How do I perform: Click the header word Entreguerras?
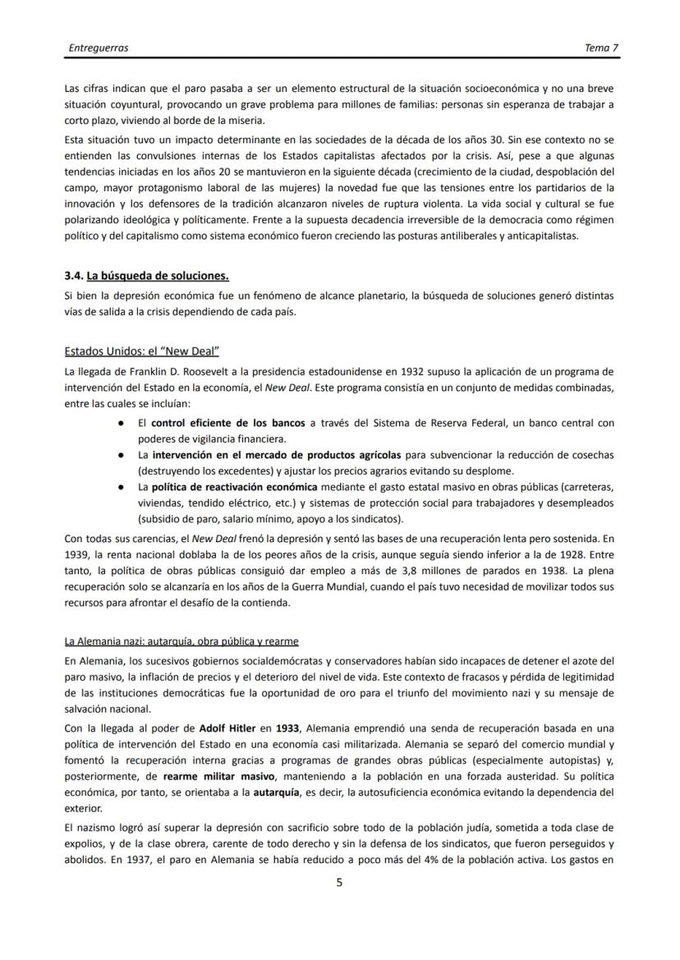98,48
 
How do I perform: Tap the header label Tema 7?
601,48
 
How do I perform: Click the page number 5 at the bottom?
340,884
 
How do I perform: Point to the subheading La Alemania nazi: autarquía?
181,641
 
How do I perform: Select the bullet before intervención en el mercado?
121,454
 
